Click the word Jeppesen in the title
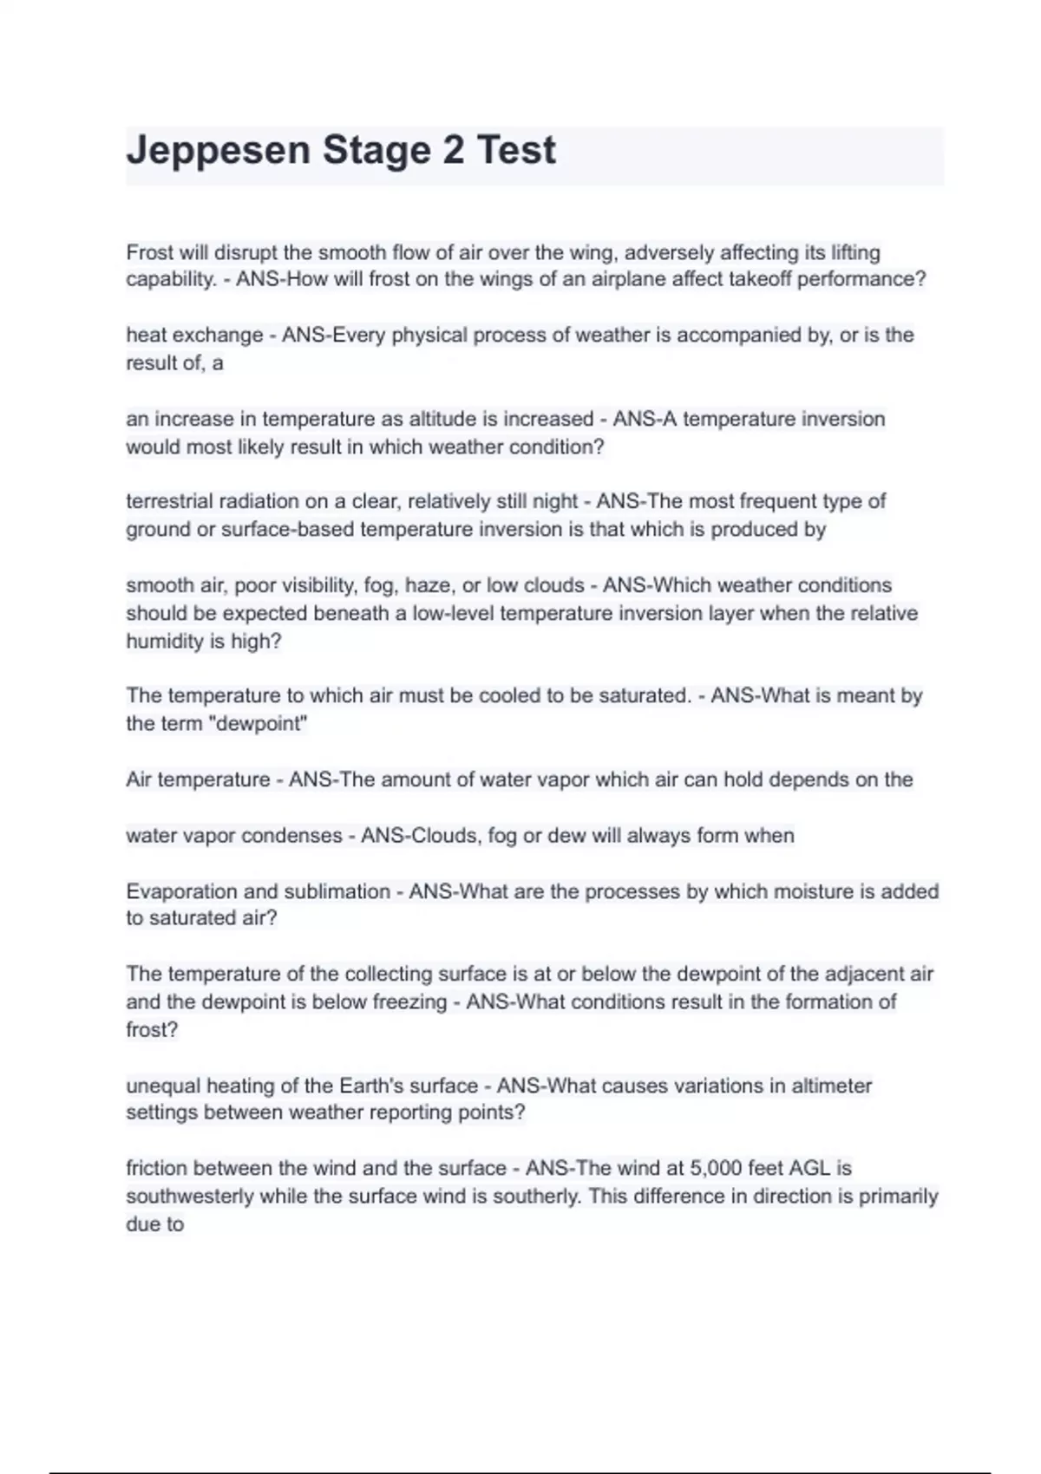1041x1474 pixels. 218,151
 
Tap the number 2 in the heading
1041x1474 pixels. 453,150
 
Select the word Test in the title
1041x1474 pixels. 516,150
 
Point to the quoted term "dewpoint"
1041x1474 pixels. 261,724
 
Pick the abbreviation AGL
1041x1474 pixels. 809,1168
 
